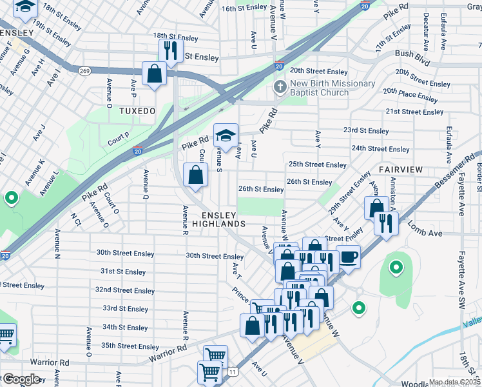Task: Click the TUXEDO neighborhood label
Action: pos(137,111)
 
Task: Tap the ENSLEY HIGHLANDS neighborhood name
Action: pos(223,219)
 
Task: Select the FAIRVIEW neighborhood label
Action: pos(400,169)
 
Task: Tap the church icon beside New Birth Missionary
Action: pos(280,86)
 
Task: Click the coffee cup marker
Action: pos(348,256)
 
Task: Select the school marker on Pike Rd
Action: pos(226,135)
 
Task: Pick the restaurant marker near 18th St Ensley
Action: pos(171,51)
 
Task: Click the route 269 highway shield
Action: pos(84,70)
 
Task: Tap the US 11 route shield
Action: pos(232,370)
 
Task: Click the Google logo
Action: pos(21,379)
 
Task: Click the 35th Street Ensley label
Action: pos(130,346)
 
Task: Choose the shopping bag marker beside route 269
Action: pos(155,74)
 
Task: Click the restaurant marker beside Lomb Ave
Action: pos(385,224)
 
